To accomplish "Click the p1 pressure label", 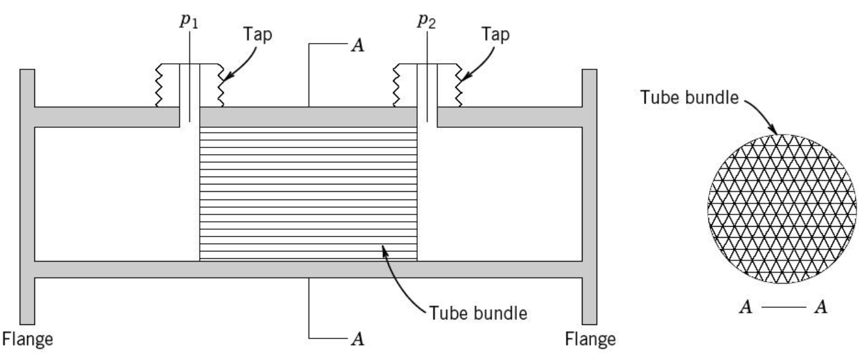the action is pos(189,21).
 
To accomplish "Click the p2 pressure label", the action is pos(426,21).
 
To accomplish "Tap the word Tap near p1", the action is pos(257,34).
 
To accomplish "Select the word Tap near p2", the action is pos(495,34).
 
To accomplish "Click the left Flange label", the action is pos(28,339).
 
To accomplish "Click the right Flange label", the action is pos(590,339).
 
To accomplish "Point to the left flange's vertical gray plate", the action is pos(27,197).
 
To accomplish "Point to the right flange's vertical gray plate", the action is pos(589,197).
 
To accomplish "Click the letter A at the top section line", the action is pos(358,45).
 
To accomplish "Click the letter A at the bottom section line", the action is pos(358,339).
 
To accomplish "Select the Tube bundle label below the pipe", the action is pos(478,313).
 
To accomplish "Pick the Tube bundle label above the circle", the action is pos(689,98).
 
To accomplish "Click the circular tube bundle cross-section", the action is pos(782,209).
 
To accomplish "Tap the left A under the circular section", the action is pos(746,307).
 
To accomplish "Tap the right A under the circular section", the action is pos(821,307).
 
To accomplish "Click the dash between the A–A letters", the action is pos(783,307).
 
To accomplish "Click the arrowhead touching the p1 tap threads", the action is pos(227,76).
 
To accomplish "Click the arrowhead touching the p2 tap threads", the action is pos(465,76).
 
